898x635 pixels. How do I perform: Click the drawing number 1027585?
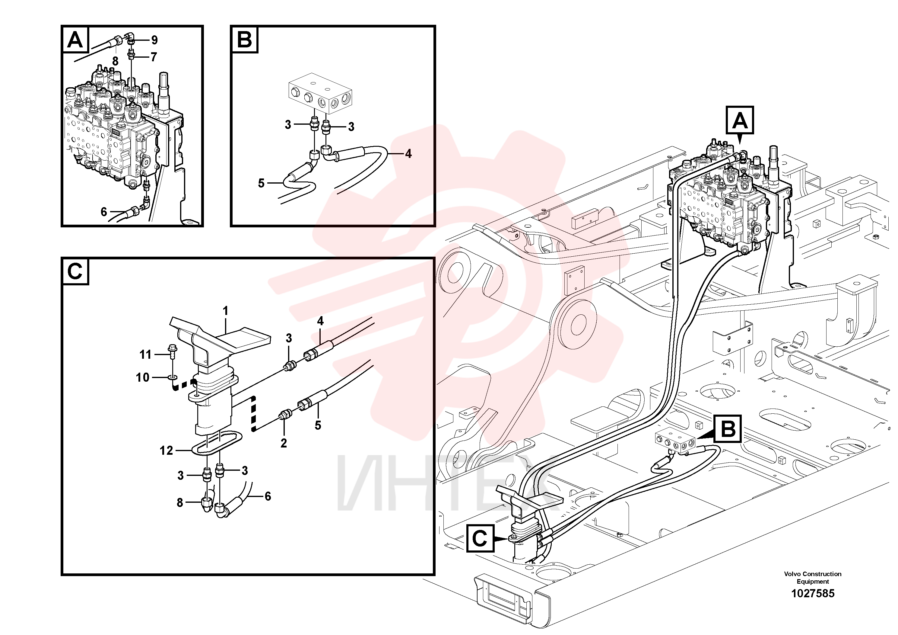coord(812,594)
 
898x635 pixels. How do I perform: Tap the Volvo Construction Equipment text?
coord(812,577)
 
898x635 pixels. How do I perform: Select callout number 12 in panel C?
coord(166,451)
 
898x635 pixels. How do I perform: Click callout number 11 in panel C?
coord(145,355)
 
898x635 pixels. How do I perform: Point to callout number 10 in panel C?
coord(143,377)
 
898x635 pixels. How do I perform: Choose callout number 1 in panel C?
coord(225,311)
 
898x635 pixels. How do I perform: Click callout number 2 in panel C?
coord(284,443)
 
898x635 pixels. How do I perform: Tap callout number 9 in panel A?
coord(154,40)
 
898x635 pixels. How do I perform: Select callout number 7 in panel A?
coord(154,57)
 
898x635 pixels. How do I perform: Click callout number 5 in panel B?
coord(261,183)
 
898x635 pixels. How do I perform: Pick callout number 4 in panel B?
coord(408,154)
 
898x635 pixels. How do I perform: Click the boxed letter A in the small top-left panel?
coord(75,40)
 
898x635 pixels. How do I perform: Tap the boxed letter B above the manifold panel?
coord(244,40)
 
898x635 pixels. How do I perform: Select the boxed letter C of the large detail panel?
coord(75,271)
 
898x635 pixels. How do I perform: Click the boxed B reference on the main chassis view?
coord(728,429)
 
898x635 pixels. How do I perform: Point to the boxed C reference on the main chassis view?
coord(480,539)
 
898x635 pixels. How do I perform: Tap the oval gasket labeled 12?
coord(217,443)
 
